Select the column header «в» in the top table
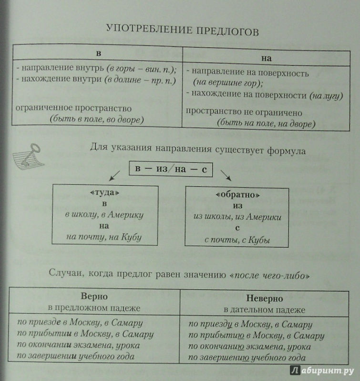[x=99, y=53]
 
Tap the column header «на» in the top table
[x=267, y=59]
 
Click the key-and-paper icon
[x=28, y=157]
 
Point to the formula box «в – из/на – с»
[x=171, y=169]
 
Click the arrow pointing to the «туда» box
[x=114, y=176]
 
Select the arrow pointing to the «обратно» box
[x=226, y=175]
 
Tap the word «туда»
[x=104, y=192]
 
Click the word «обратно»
[x=237, y=195]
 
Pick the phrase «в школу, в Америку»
[x=104, y=215]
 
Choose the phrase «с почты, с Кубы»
[x=237, y=240]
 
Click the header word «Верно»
[x=94, y=296]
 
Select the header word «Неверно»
[x=265, y=298]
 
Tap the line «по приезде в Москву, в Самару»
[x=80, y=323]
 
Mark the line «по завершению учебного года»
[x=247, y=358]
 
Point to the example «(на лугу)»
[x=326, y=96]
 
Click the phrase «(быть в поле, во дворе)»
[x=97, y=120]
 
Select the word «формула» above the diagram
[x=286, y=151]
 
